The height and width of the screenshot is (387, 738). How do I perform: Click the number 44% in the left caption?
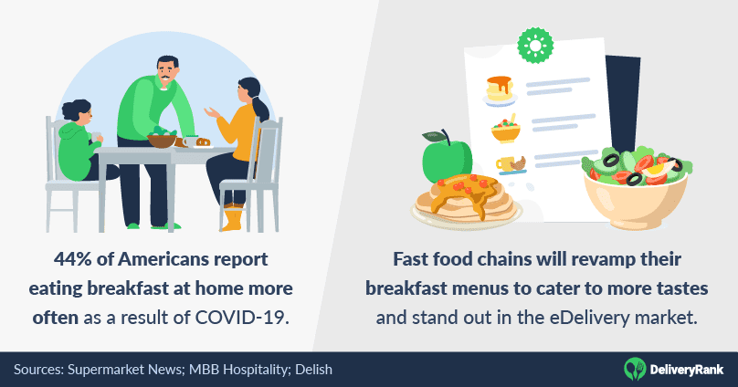point(72,259)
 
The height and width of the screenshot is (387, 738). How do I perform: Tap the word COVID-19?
point(241,318)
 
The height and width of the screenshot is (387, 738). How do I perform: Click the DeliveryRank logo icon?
point(635,369)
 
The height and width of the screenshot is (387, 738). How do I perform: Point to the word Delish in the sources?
point(313,370)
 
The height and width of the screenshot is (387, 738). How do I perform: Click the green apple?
point(447,158)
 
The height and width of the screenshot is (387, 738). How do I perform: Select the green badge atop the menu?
point(535,45)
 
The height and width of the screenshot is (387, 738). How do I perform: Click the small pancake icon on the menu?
point(500,90)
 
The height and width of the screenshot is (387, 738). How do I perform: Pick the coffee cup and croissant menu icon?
point(511,164)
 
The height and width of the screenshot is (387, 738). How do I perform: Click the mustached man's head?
point(167,71)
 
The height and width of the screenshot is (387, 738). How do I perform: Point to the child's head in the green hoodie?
point(78,114)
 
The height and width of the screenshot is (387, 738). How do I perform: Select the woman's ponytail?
point(259,107)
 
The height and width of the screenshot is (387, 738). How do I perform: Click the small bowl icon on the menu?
point(506,130)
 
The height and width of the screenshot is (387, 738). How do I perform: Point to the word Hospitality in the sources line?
point(254,370)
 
